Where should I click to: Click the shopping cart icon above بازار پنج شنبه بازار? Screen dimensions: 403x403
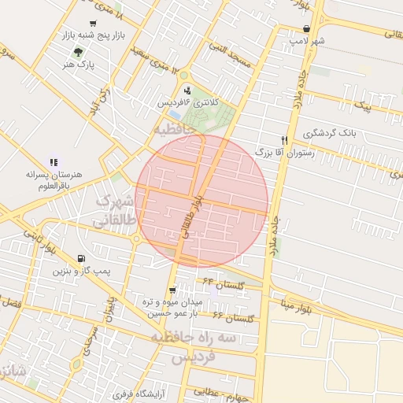[94, 24]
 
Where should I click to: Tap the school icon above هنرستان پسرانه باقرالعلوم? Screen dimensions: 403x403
[54, 162]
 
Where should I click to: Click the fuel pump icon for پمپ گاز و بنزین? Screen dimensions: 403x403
[81, 259]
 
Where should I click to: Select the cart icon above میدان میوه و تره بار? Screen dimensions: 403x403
[172, 290]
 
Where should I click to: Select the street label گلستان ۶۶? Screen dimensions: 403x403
[232, 317]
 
